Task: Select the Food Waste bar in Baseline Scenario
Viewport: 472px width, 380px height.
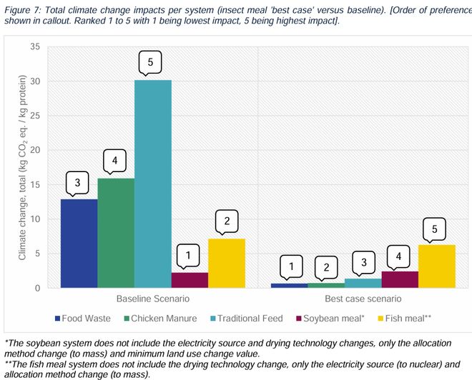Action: pos(79,243)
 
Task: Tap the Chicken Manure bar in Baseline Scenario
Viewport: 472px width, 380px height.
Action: pos(116,233)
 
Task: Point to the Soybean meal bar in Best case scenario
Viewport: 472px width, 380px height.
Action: pos(399,279)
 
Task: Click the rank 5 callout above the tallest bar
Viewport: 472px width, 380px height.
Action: pos(150,63)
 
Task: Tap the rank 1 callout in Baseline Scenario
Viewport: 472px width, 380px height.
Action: pos(189,254)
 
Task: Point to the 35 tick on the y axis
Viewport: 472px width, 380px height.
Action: pos(34,47)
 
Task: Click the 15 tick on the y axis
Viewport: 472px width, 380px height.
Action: pos(34,185)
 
